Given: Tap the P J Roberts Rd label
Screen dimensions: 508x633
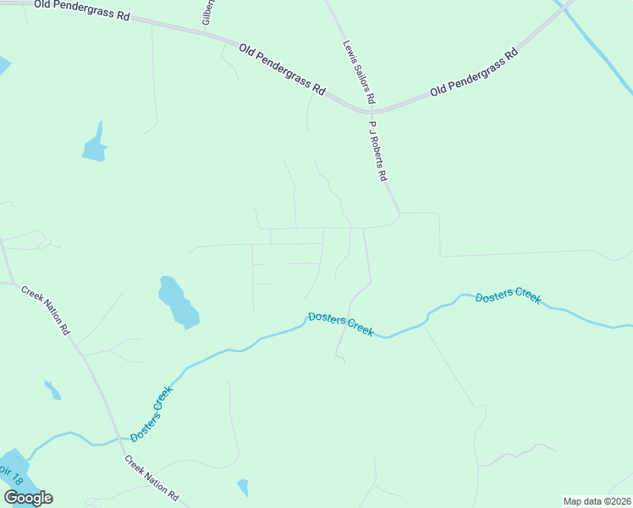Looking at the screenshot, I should point(377,151).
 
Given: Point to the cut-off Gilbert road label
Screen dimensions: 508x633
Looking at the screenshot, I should point(208,12).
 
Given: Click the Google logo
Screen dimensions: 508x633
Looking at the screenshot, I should point(29,497).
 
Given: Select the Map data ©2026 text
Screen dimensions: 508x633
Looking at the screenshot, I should point(597,501).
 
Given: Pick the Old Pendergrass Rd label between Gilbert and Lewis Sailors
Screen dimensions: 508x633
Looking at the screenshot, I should point(283,69).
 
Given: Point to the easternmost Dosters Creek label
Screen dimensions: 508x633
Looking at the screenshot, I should point(508,297).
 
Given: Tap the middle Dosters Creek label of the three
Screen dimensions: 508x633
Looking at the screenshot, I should point(340,323).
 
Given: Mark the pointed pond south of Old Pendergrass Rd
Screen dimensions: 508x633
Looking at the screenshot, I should point(96,146).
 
